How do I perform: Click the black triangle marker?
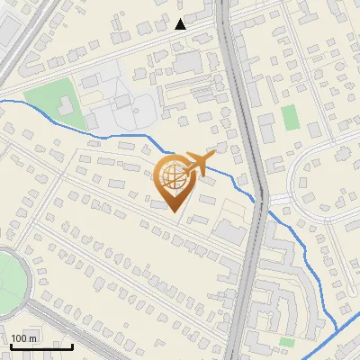pyautogui.click(x=181, y=24)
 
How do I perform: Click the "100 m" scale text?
pyautogui.click(x=24, y=338)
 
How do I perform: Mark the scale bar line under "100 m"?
pyautogui.click(x=41, y=346)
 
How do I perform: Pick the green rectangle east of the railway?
pyautogui.click(x=289, y=117)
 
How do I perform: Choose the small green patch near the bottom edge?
pyautogui.click(x=286, y=342)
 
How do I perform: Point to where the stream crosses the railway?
pyautogui.click(x=265, y=209)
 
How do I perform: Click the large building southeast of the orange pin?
pyautogui.click(x=229, y=232)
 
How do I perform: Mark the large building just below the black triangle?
pyautogui.click(x=188, y=62)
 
